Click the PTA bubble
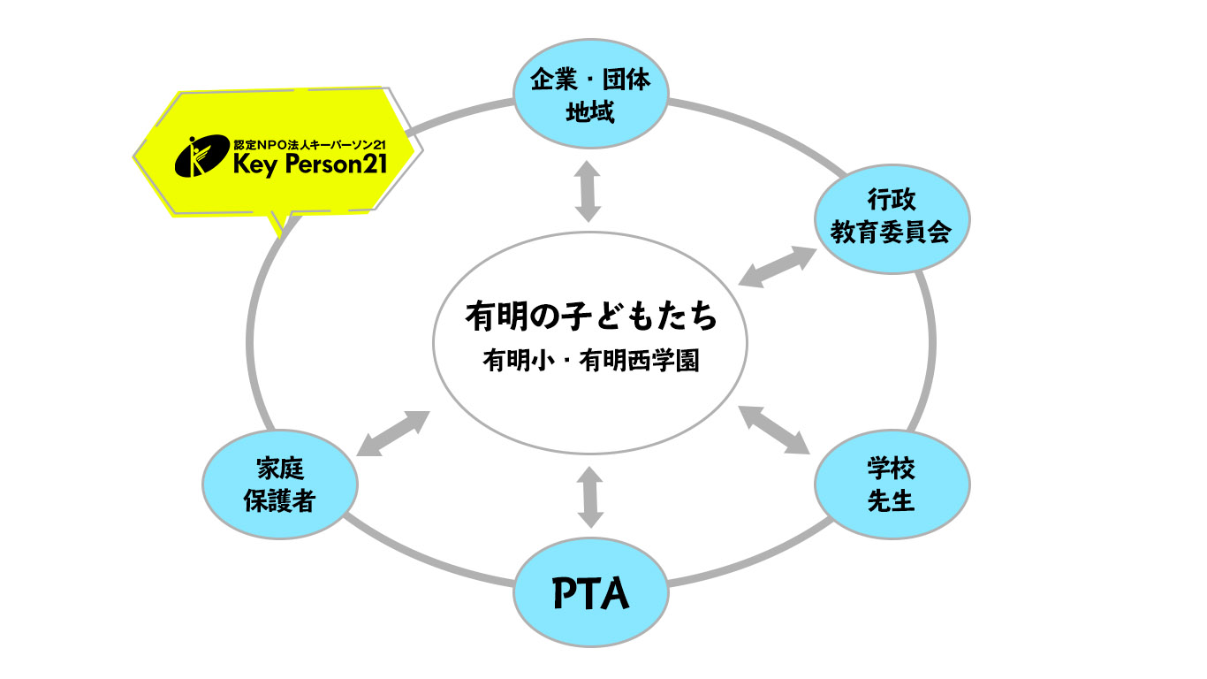(x=591, y=593)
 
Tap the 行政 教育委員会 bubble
(x=891, y=217)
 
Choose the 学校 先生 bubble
(x=891, y=484)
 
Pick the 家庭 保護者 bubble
(x=279, y=484)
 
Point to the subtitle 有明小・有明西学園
(x=590, y=362)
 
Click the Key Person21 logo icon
(x=198, y=157)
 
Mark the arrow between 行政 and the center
(x=778, y=266)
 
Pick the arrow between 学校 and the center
(x=775, y=430)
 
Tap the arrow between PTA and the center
(x=589, y=497)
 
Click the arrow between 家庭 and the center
(x=392, y=434)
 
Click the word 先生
(x=891, y=500)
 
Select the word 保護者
(x=279, y=501)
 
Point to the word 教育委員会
(x=891, y=233)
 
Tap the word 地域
(x=590, y=113)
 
